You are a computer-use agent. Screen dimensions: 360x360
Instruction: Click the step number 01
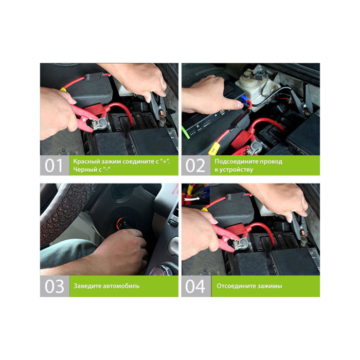tap(53, 165)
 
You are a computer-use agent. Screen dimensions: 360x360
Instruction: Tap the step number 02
tap(195, 165)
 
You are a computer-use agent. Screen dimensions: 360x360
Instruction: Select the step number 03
tap(55, 286)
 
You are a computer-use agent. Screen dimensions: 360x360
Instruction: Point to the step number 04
tap(195, 286)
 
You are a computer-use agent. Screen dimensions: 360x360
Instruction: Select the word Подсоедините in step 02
tap(233, 161)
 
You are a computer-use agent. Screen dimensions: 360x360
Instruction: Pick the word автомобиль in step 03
tap(121, 286)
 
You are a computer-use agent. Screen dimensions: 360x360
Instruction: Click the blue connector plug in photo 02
tap(245, 100)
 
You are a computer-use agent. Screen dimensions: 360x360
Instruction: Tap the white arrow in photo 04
tap(192, 199)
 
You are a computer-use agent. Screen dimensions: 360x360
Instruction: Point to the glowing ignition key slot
tap(122, 224)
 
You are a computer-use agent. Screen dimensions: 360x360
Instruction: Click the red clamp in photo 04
tap(227, 237)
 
